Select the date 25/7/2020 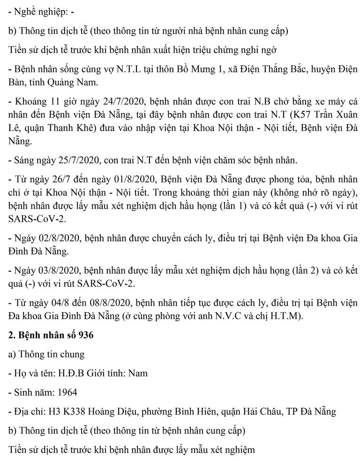click(x=69, y=160)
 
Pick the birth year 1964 click(x=66, y=392)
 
